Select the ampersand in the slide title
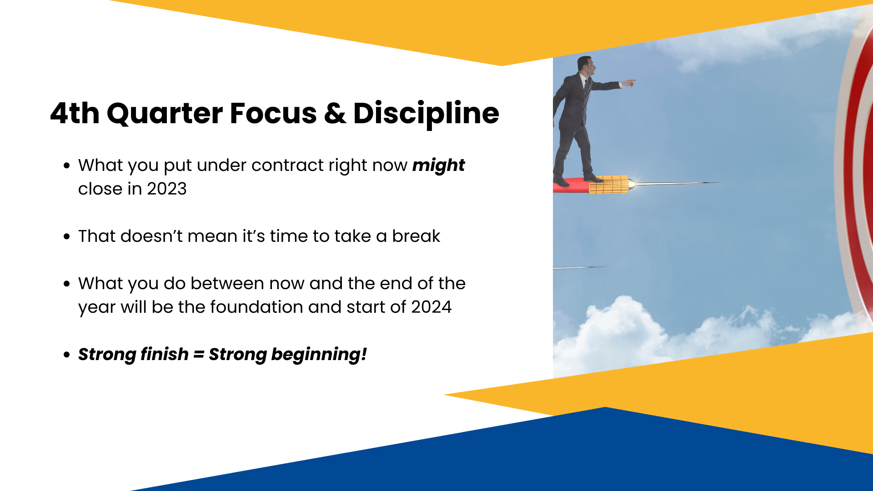335,113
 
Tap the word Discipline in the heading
426,114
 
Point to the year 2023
167,189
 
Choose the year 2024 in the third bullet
431,307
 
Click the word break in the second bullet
416,236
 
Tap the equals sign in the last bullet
199,354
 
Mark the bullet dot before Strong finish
67,355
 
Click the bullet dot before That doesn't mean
67,236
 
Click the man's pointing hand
628,83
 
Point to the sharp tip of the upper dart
717,183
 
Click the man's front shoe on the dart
593,178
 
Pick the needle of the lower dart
580,268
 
